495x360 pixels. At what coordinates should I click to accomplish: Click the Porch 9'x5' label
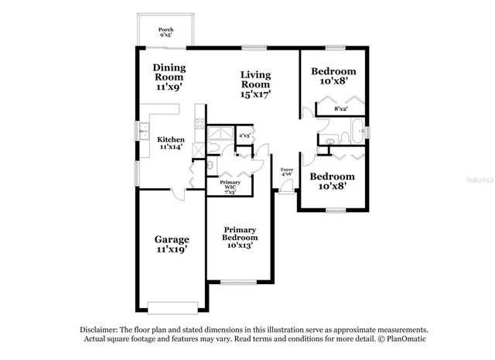[x=166, y=33]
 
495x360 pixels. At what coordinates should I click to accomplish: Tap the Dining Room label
[x=169, y=77]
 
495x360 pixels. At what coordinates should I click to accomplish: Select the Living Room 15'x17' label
[x=255, y=84]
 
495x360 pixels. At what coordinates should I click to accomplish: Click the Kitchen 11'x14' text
[x=171, y=142]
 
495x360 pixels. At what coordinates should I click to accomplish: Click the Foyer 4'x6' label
[x=286, y=172]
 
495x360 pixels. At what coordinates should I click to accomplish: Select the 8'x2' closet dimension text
[x=340, y=109]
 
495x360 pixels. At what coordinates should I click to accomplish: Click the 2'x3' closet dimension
[x=244, y=135]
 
